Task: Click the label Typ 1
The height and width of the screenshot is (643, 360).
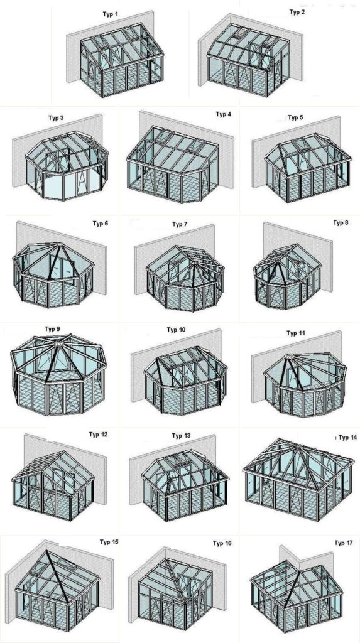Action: point(110,14)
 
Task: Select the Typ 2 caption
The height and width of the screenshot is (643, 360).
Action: point(297,12)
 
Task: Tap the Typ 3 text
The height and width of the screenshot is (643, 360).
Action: point(57,118)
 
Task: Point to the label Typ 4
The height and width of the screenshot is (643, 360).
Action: point(223,114)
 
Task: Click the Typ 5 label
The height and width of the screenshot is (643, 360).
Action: point(295,117)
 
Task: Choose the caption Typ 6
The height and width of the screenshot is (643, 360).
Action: point(100,224)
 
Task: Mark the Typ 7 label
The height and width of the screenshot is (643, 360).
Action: point(180,224)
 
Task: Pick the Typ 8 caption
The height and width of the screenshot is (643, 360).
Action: point(341,223)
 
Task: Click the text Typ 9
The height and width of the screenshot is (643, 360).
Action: point(52,329)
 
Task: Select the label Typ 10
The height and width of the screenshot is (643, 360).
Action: point(176,330)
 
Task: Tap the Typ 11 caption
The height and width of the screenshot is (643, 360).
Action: point(296,333)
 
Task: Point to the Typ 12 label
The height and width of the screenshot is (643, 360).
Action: point(98,435)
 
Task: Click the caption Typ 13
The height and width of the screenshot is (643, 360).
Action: point(182,436)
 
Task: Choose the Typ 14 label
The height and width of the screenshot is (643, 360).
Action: point(347,438)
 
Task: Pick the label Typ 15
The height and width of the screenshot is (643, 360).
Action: point(109,542)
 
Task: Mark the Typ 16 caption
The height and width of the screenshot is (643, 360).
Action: point(222,543)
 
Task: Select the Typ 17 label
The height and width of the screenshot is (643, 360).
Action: point(344,543)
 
